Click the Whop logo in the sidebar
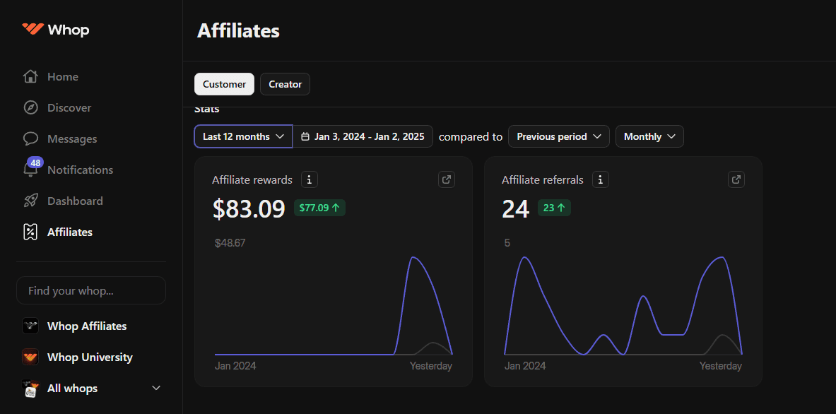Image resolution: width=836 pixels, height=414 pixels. click(x=55, y=30)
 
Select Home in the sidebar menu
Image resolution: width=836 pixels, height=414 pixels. click(x=62, y=77)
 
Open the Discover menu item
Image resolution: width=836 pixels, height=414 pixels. click(x=69, y=108)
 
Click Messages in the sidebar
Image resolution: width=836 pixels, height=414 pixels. click(x=71, y=139)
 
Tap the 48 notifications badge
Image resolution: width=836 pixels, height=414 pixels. click(x=35, y=162)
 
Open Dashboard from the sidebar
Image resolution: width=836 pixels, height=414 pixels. click(x=74, y=201)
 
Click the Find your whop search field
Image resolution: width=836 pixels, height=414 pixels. click(x=91, y=290)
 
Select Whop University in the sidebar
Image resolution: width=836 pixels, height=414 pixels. click(x=89, y=357)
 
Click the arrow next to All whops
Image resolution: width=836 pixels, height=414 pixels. click(x=156, y=389)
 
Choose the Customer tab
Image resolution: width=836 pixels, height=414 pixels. click(x=224, y=84)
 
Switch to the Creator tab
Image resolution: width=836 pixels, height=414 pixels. click(x=285, y=84)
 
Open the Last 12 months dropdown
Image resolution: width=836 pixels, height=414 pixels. click(x=243, y=136)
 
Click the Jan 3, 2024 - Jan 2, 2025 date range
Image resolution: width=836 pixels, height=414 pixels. click(x=363, y=136)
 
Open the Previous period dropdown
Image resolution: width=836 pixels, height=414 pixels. click(x=558, y=136)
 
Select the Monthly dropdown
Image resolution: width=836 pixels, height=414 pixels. click(x=649, y=136)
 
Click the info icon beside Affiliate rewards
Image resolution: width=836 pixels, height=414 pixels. click(x=309, y=179)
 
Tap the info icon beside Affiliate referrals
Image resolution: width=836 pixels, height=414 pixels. click(x=600, y=179)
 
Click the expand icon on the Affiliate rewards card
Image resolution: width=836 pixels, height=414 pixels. click(x=447, y=179)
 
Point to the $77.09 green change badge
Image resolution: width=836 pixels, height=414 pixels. click(x=319, y=208)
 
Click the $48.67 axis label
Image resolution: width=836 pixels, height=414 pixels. click(x=230, y=243)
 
